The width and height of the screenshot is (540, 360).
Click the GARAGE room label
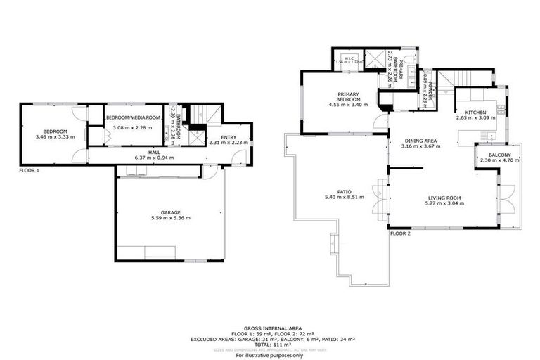click(170, 212)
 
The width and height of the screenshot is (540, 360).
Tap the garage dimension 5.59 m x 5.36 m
click(170, 218)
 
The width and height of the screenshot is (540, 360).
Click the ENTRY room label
click(229, 137)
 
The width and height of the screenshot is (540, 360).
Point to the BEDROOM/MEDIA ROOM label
click(133, 117)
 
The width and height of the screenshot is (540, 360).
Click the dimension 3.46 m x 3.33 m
click(55, 138)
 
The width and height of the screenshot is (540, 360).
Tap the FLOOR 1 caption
click(29, 170)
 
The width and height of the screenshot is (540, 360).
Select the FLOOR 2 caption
click(399, 233)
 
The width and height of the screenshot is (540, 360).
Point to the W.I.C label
click(349, 58)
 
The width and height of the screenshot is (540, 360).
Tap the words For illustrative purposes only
click(270, 355)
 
